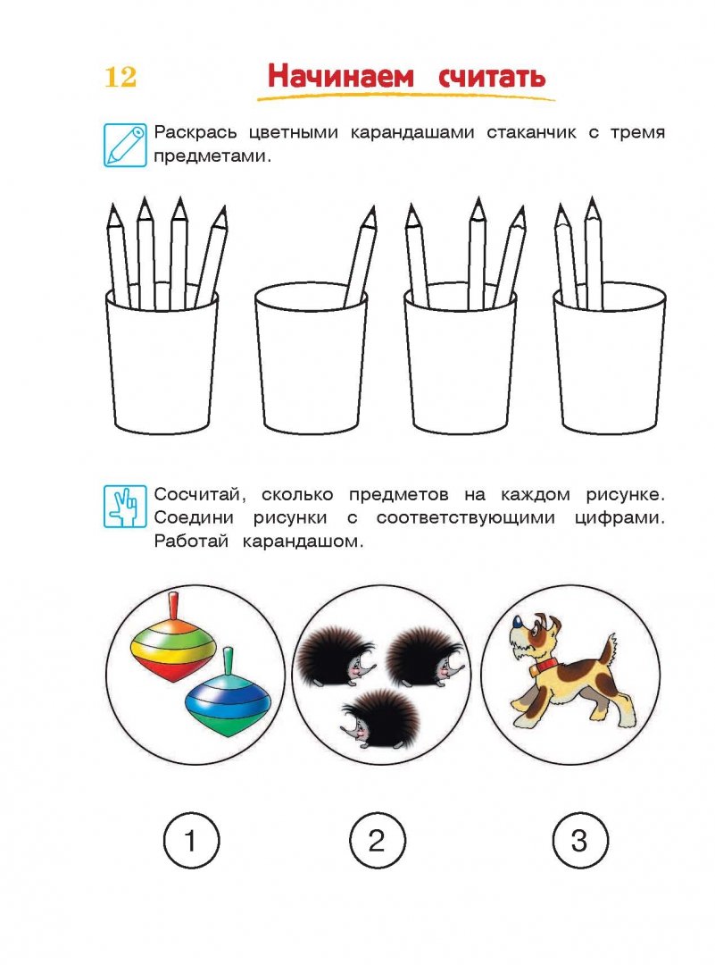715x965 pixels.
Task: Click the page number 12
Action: (121, 77)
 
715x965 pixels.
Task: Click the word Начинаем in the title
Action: (341, 76)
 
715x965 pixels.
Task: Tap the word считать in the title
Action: (491, 76)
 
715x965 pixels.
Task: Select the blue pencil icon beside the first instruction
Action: (125, 143)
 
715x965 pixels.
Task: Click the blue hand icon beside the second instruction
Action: (125, 506)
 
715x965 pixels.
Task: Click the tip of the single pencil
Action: (370, 214)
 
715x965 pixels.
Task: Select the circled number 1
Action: (191, 840)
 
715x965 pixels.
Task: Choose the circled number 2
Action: (377, 840)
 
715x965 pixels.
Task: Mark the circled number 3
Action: (579, 840)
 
